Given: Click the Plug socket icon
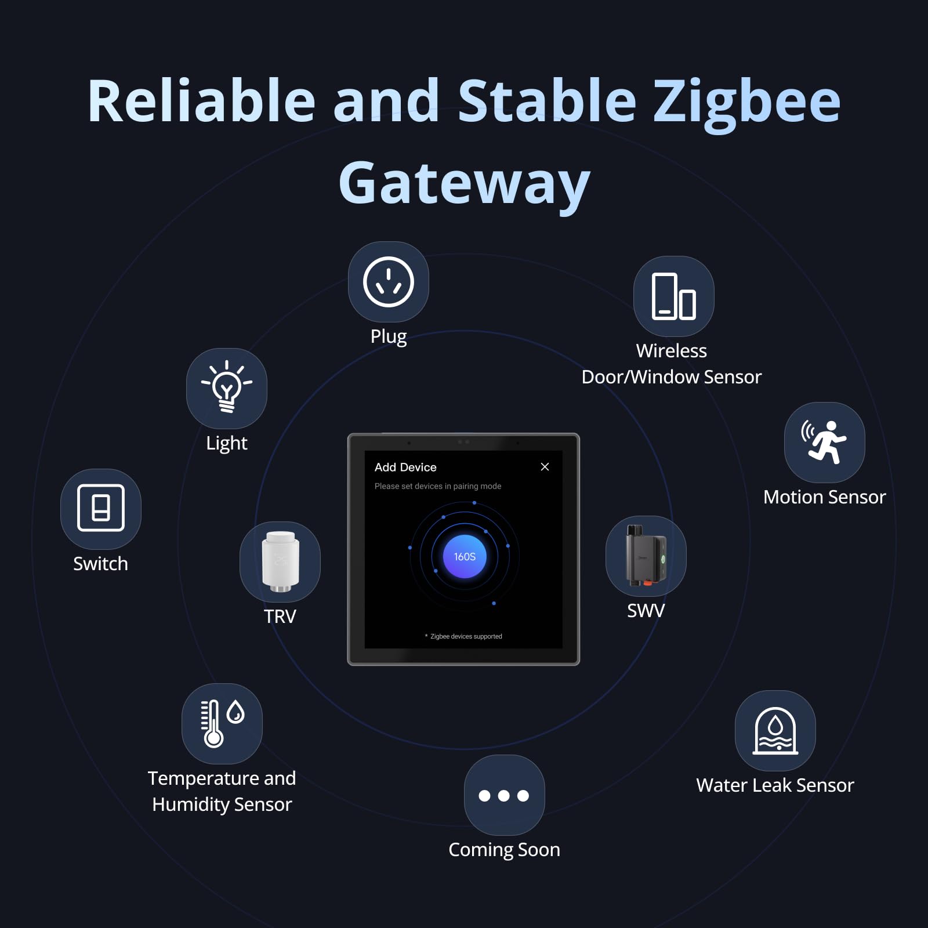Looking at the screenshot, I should coord(388,282).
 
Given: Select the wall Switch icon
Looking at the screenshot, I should coord(100,508).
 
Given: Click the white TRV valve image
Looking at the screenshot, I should coord(280,561).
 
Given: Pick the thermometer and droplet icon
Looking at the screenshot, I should coord(222,723).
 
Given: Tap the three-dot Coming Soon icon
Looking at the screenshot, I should coord(504,795).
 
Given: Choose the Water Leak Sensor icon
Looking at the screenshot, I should coord(775,730).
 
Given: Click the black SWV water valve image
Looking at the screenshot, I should coord(646,556).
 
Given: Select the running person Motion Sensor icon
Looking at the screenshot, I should coord(824,441).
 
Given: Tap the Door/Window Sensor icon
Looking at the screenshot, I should coord(673,296).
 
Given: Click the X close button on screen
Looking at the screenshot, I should coord(545,467).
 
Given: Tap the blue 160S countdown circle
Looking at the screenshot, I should coord(465,557).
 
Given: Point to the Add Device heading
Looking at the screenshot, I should coord(405,467).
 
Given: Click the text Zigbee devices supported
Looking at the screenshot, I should coord(466,636).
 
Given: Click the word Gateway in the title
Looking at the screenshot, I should coord(464,183).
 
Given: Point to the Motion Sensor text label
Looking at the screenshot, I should coord(824,497).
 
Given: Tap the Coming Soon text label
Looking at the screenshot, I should coord(504,850).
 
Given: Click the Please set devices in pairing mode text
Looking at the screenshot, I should coord(438,486).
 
